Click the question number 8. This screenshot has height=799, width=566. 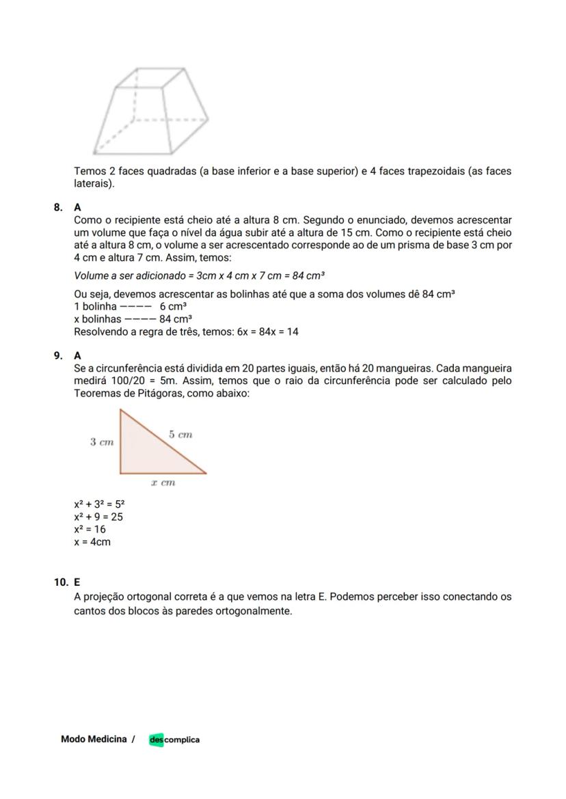click(59, 206)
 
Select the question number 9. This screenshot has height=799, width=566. click(59, 355)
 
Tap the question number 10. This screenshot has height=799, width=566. click(61, 583)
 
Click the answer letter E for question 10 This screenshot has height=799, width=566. click(77, 583)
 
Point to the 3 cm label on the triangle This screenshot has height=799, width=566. click(102, 442)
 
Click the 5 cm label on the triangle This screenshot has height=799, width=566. click(180, 434)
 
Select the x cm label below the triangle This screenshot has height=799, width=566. click(163, 483)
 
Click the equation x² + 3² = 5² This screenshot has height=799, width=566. click(99, 504)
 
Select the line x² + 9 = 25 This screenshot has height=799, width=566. click(98, 517)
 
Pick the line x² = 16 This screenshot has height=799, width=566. click(90, 529)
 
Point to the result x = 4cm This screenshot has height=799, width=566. click(92, 542)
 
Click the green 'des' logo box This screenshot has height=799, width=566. click(157, 740)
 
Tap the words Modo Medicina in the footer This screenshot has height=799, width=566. click(94, 739)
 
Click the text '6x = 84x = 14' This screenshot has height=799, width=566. click(267, 332)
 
